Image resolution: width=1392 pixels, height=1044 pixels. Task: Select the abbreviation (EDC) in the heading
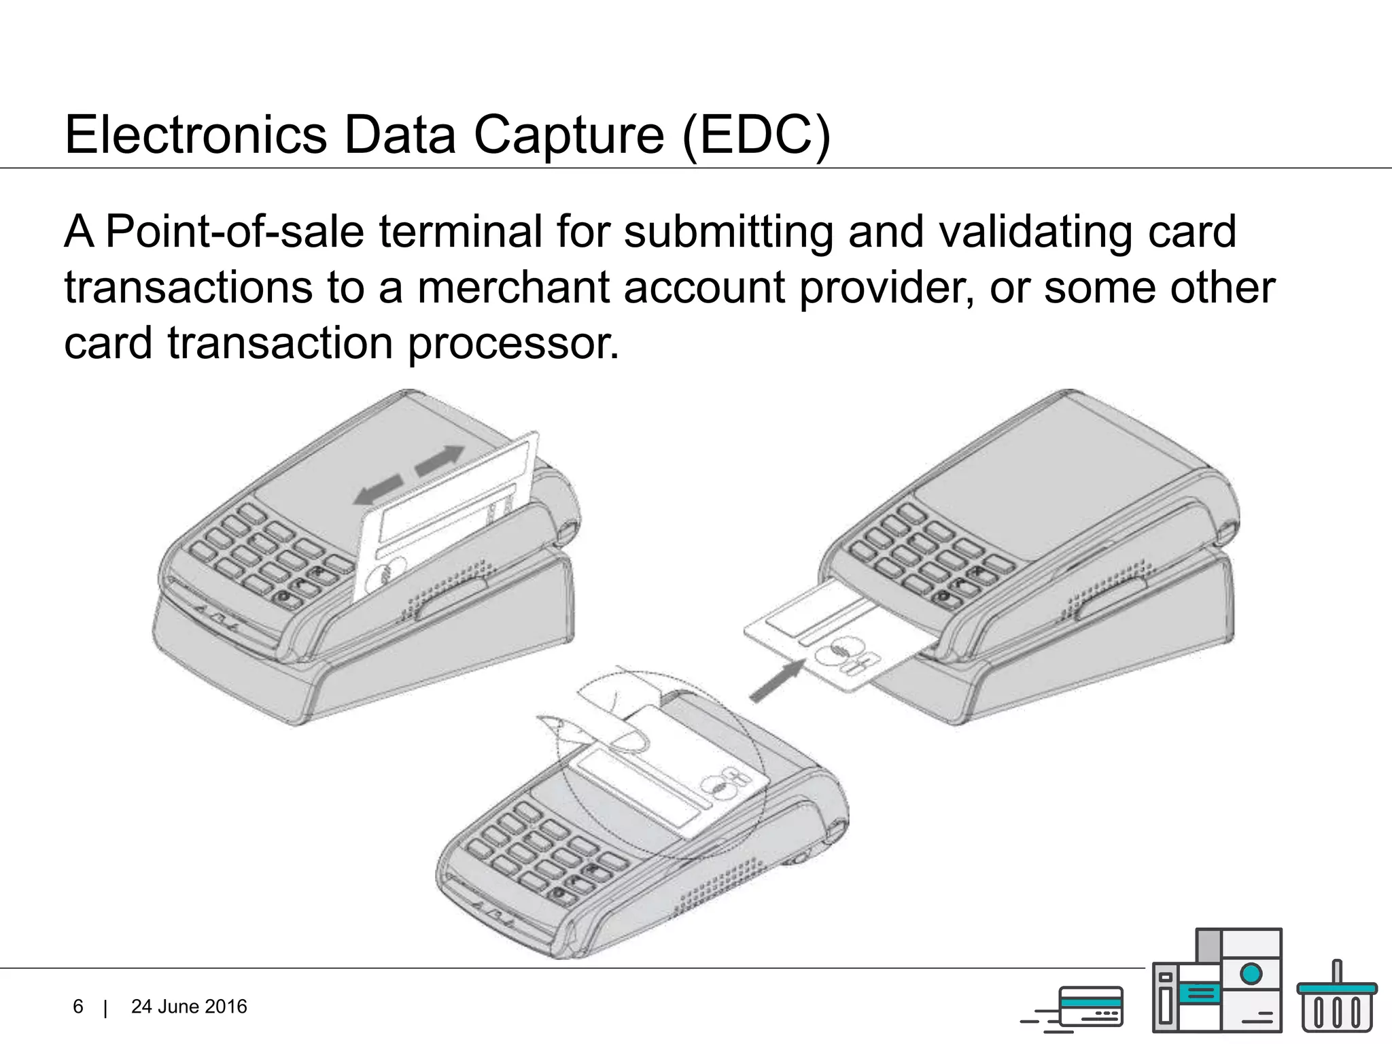pos(756,135)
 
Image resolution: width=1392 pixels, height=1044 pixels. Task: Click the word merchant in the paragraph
pos(512,288)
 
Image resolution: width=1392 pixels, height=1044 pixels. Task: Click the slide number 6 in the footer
pos(78,1007)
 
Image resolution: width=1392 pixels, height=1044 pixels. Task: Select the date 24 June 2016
pos(189,1007)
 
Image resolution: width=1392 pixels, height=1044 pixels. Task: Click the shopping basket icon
pos(1336,999)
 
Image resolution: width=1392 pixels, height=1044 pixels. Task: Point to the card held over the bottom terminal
pos(673,775)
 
